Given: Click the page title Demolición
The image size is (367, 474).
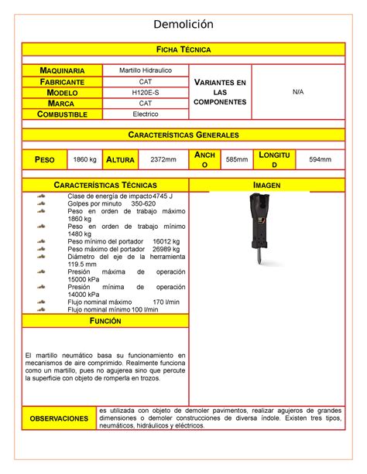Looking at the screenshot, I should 183,25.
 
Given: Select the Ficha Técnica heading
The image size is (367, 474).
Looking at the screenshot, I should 183,49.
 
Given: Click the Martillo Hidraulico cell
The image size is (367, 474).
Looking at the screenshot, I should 146,70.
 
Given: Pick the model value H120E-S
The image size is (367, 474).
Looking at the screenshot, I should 146,92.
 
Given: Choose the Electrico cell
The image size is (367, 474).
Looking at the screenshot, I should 146,114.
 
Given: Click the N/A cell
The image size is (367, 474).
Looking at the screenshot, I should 298,92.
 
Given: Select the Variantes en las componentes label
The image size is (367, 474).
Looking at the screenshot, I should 221,92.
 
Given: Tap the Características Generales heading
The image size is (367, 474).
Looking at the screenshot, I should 183,135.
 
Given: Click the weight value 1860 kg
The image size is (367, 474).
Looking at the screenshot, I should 84,159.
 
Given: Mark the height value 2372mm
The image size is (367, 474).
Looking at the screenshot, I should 163,159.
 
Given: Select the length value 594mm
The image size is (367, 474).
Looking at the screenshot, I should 320,159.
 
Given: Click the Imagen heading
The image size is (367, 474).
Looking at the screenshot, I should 266,186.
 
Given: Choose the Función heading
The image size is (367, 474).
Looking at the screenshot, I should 105,320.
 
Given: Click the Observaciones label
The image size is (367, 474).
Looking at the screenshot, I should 59,418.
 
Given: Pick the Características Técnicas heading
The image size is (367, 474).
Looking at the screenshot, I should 105,186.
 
